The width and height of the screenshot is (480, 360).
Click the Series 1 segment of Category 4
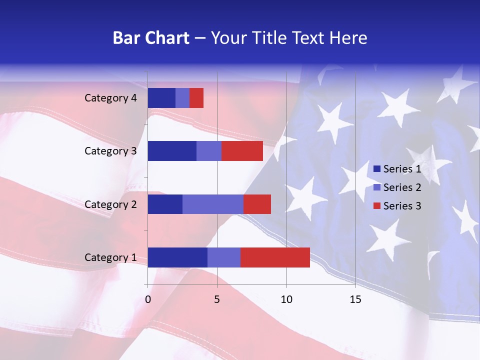[x=161, y=98]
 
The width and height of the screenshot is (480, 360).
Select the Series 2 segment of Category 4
[x=182, y=98]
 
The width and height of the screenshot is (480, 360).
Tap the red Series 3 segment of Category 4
[x=196, y=98]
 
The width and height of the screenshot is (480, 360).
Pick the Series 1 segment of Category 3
[x=172, y=151]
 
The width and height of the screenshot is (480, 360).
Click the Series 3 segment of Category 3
[x=242, y=151]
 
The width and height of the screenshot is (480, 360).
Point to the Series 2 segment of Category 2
[x=213, y=204]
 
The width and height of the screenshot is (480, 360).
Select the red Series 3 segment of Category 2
[x=257, y=204]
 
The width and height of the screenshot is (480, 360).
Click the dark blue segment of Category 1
[x=177, y=257]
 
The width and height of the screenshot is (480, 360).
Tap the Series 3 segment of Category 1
[x=275, y=257]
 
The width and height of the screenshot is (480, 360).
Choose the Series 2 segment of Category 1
[x=224, y=257]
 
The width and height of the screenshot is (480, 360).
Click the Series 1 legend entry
[x=397, y=169]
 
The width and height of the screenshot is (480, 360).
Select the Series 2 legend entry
[x=397, y=187]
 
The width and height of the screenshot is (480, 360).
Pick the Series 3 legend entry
[x=397, y=206]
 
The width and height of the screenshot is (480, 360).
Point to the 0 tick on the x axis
[x=148, y=299]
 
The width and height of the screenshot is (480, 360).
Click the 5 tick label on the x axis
[x=217, y=299]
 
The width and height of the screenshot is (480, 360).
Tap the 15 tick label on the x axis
[x=355, y=299]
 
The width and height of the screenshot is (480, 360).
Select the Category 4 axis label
[x=110, y=98]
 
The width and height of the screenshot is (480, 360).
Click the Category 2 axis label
[x=110, y=204]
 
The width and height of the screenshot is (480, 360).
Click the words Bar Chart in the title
[x=151, y=38]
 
